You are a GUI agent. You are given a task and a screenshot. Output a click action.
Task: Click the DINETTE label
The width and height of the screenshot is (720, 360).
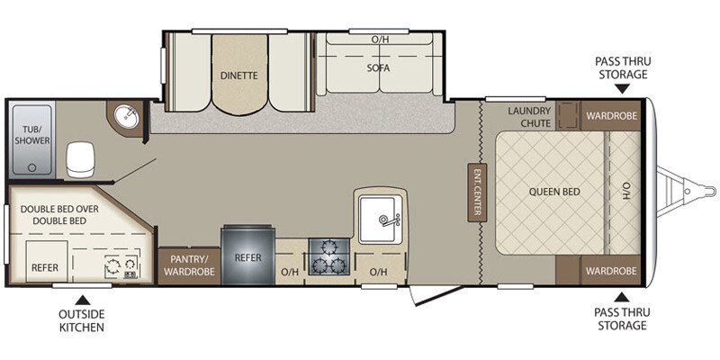click(x=239, y=76)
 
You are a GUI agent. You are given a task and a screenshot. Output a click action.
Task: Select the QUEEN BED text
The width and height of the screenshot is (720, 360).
click(x=553, y=192)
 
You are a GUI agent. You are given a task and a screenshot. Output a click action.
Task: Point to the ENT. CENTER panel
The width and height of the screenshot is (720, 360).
click(x=474, y=192)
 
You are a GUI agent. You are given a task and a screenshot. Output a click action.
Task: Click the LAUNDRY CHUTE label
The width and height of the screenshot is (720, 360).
click(x=528, y=118)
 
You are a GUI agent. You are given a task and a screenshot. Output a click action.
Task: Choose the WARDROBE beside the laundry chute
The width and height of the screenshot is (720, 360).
click(x=612, y=116)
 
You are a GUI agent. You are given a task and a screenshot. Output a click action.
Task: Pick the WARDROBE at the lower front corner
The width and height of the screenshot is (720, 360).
click(x=612, y=270)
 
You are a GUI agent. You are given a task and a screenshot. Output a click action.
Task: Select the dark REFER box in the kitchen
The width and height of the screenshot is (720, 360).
click(x=247, y=256)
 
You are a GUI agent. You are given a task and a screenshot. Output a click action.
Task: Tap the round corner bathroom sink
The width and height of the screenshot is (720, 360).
click(x=125, y=117)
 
